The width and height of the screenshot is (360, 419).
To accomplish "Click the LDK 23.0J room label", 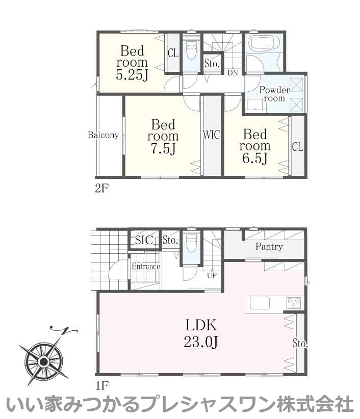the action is click(201, 333).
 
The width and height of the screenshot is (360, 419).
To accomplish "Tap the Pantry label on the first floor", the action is click(269, 246).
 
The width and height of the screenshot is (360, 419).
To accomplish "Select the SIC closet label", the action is click(144, 240).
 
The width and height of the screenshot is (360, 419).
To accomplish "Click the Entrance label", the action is click(146, 267).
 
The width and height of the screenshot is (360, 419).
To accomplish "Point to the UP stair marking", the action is click(212, 275).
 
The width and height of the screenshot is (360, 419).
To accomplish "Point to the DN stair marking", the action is click(233, 72).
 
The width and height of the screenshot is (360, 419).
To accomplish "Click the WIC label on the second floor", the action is click(212, 135).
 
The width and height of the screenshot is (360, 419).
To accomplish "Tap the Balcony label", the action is click(103, 135).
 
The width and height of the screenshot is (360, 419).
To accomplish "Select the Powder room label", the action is click(274, 94).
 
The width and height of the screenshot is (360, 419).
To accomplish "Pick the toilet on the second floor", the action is click(191, 49).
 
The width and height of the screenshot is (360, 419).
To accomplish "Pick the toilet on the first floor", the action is click(191, 243).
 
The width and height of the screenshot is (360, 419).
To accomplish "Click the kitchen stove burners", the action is click(294, 303).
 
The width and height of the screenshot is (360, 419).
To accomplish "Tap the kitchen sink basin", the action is click(260, 303).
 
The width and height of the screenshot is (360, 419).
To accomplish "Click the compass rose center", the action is click(43, 362).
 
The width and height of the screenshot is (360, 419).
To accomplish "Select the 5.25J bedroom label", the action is click(132, 63).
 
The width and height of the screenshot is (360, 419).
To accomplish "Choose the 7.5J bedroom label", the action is click(163, 137).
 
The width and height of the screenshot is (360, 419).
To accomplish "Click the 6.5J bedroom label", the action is click(254, 146).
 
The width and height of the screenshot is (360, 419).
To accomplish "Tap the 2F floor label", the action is click(101, 189).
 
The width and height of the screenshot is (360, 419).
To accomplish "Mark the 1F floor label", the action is click(101, 385).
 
